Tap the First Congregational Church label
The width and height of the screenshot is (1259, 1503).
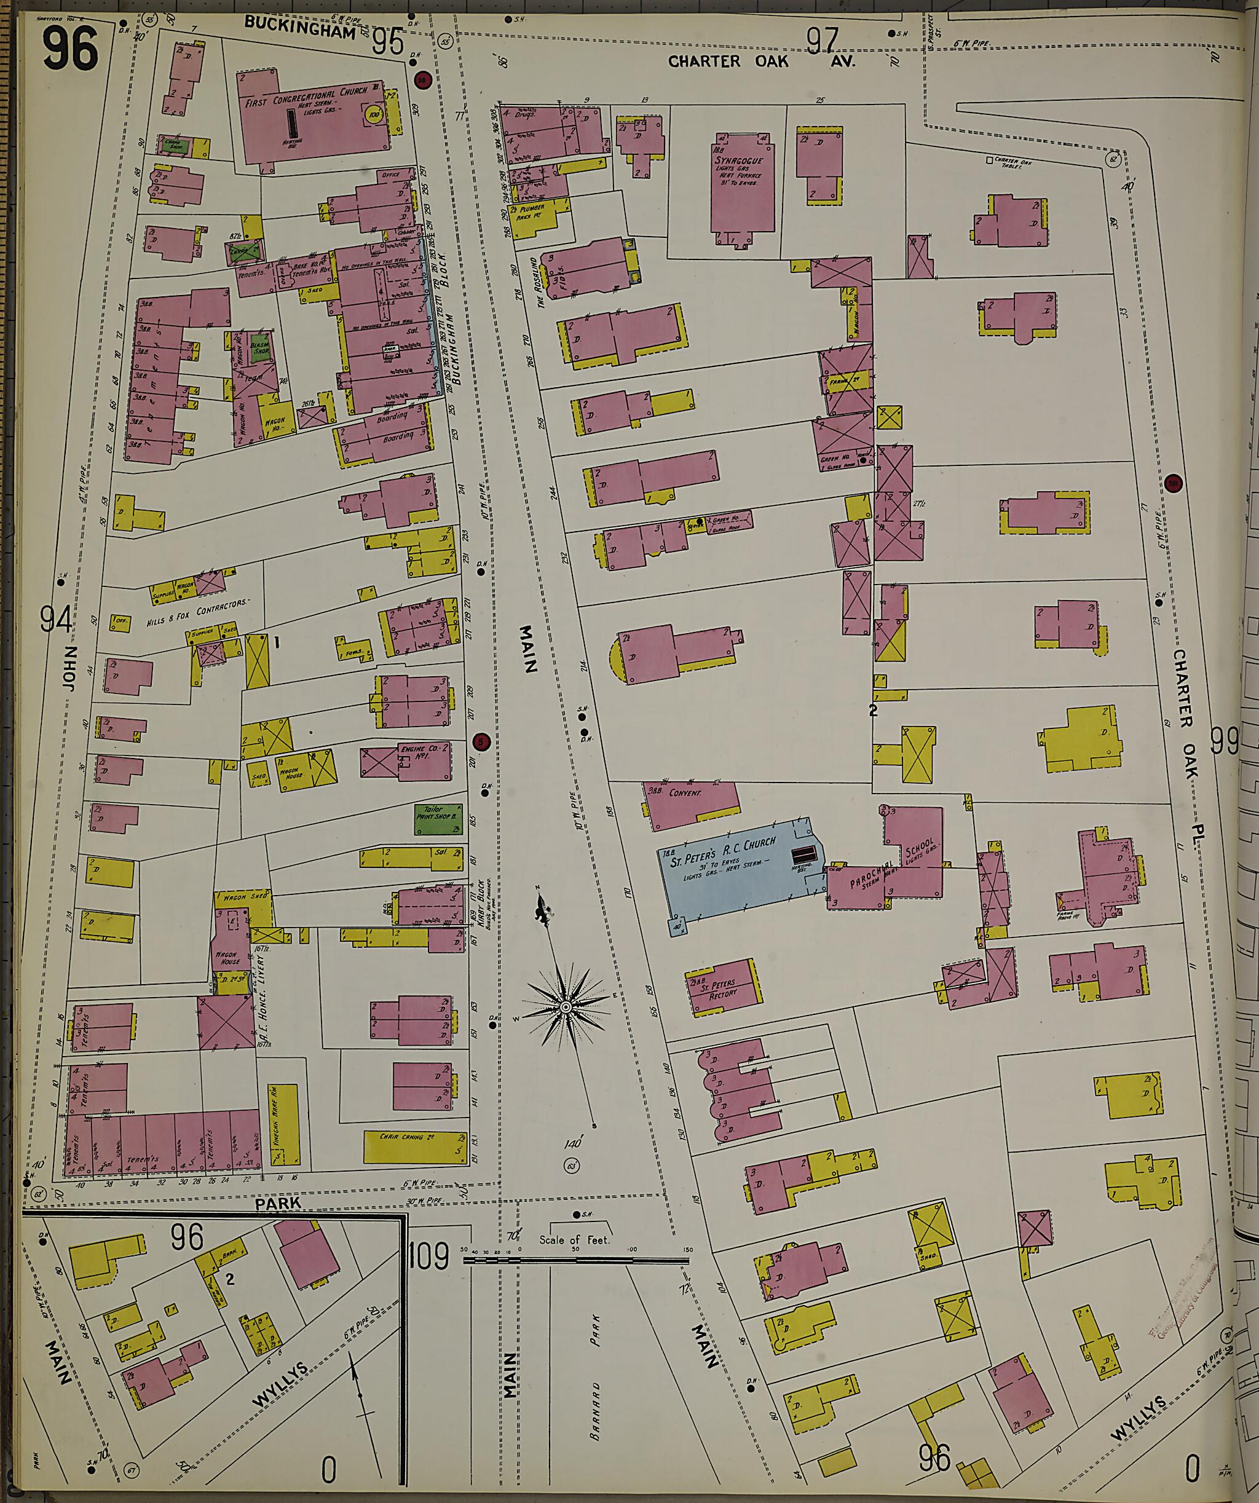pyautogui.click(x=306, y=97)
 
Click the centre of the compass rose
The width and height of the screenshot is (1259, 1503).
pyautogui.click(x=566, y=1007)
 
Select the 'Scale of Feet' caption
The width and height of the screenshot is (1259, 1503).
pyautogui.click(x=574, y=1240)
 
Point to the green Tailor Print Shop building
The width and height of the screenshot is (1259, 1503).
pyautogui.click(x=437, y=819)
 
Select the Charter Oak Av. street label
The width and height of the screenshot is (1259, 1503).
pyautogui.click(x=761, y=61)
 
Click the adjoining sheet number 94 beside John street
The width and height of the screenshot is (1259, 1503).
pyautogui.click(x=56, y=618)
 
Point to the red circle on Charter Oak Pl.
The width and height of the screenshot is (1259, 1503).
pyautogui.click(x=1172, y=483)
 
